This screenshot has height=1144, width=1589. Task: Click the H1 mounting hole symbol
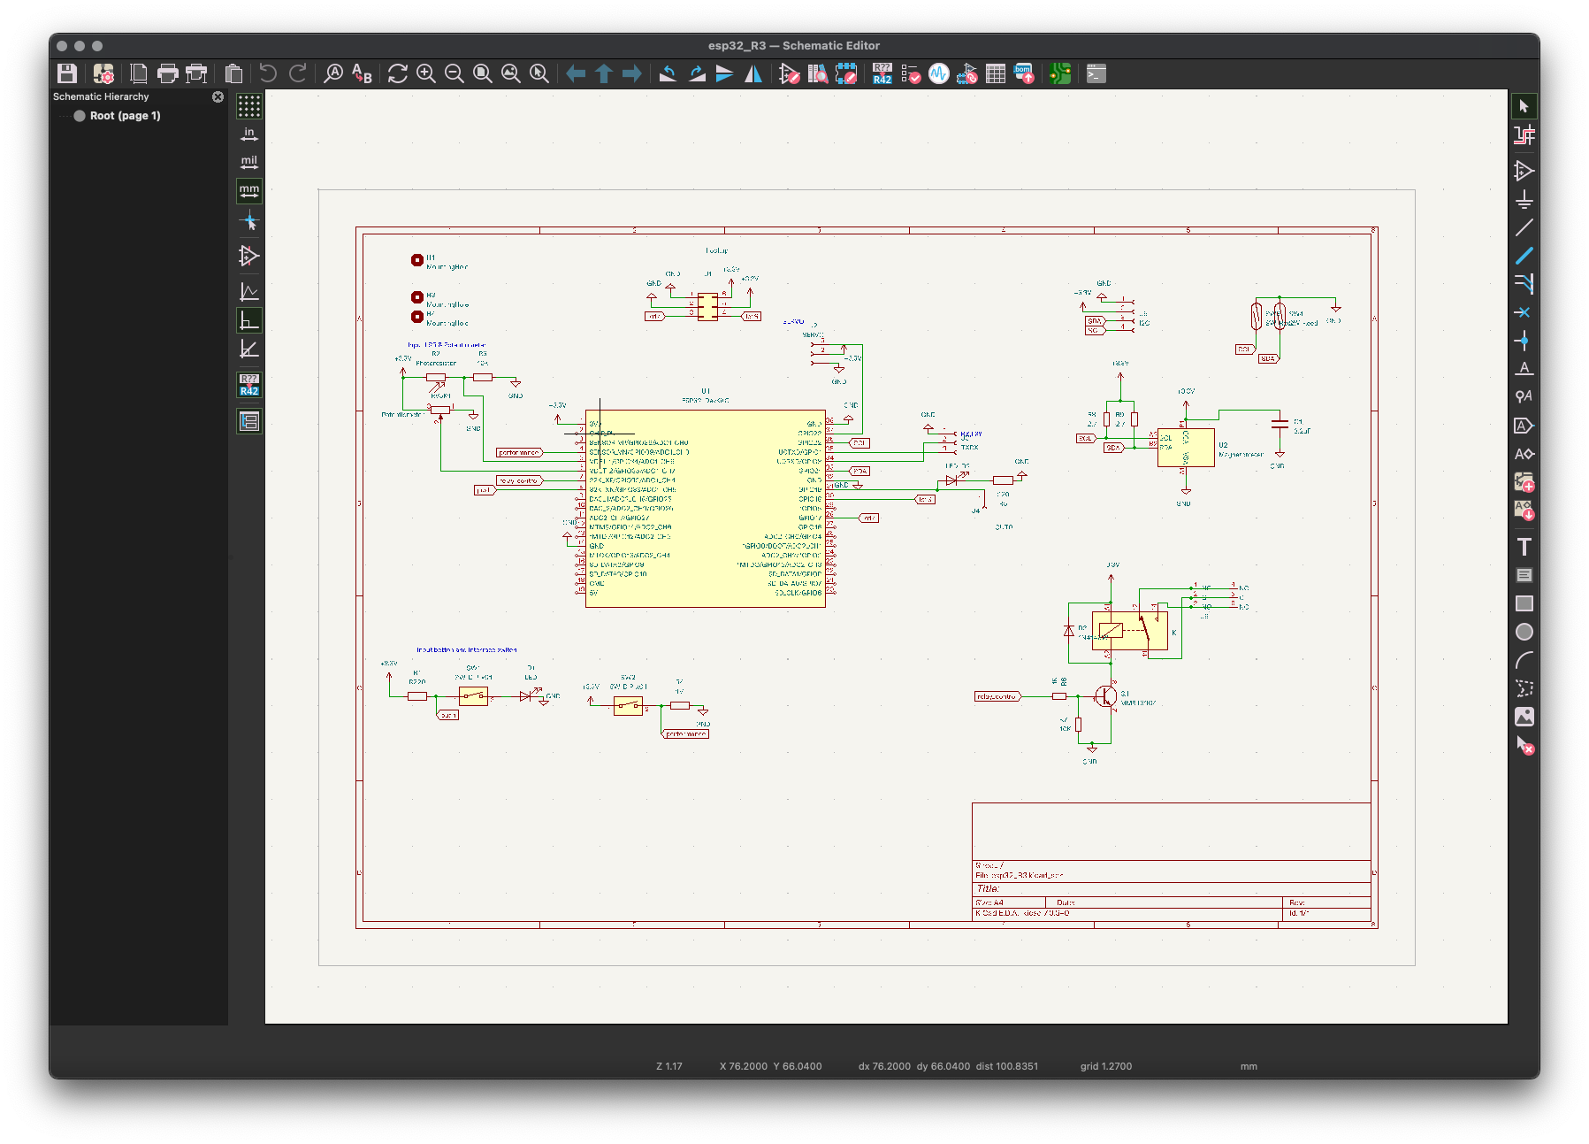pyautogui.click(x=416, y=260)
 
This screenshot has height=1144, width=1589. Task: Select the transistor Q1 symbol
pyautogui.click(x=1105, y=696)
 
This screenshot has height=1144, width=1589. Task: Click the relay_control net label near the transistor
pyautogui.click(x=997, y=696)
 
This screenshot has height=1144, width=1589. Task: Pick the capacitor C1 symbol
pyautogui.click(x=1279, y=424)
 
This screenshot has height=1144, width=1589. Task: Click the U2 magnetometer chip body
pyautogui.click(x=1186, y=447)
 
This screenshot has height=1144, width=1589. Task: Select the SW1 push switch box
pyautogui.click(x=473, y=696)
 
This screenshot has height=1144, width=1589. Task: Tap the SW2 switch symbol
pyautogui.click(x=628, y=705)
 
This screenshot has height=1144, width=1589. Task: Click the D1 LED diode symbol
pyautogui.click(x=526, y=696)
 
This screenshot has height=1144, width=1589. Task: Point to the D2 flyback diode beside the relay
pyautogui.click(x=1069, y=631)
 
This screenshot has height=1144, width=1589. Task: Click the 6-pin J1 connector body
pyautogui.click(x=707, y=307)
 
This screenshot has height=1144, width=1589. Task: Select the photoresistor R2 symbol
pyautogui.click(x=436, y=378)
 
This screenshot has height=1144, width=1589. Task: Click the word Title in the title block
pyautogui.click(x=988, y=888)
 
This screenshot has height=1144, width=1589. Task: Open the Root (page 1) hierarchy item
pyautogui.click(x=125, y=116)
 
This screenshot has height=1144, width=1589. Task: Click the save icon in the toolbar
pyautogui.click(x=67, y=73)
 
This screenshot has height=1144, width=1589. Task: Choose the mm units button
pyautogui.click(x=249, y=191)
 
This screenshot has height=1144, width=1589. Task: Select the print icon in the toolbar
pyautogui.click(x=167, y=73)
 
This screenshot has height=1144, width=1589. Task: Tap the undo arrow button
pyautogui.click(x=268, y=73)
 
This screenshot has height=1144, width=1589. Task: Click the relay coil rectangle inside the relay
pyautogui.click(x=1110, y=631)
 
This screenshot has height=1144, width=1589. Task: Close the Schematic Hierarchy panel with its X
pyautogui.click(x=218, y=96)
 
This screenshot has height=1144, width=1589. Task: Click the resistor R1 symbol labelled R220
pyautogui.click(x=417, y=696)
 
